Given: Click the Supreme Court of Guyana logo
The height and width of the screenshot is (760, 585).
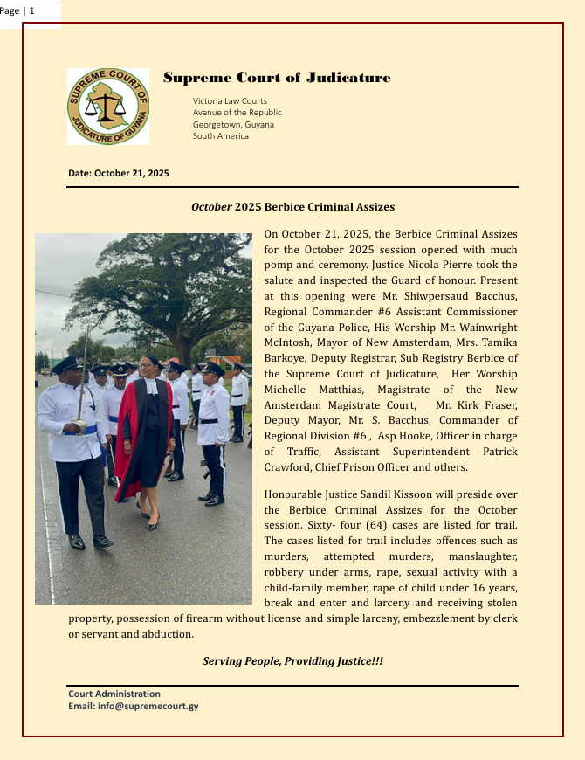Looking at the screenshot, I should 108,107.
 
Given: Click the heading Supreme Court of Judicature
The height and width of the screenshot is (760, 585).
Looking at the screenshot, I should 277,79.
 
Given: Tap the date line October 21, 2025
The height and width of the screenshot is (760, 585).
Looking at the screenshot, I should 119,174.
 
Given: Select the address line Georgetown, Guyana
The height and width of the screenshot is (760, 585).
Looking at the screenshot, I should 233,124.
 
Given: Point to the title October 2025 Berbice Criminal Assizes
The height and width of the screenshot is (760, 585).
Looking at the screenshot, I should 292,207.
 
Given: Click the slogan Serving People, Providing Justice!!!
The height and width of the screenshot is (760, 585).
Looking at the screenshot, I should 292,661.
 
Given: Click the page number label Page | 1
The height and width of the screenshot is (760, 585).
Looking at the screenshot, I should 17,10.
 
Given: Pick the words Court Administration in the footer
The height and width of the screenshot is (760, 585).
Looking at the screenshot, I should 114,694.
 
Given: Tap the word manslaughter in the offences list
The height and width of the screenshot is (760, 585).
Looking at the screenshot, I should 477,556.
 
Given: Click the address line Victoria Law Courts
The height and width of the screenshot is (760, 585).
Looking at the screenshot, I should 230,101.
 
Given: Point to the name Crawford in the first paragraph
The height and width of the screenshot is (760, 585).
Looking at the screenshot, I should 288,466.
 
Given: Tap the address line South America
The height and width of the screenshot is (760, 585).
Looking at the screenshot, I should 221,135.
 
